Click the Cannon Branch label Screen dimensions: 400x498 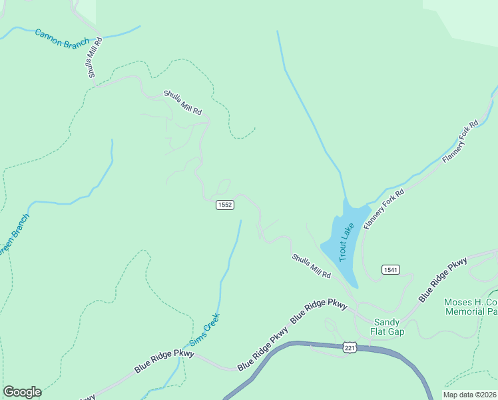click(62, 39)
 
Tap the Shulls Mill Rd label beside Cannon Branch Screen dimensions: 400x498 click(97, 57)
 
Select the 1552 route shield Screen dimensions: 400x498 click(225, 205)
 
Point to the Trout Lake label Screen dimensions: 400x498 click(346, 241)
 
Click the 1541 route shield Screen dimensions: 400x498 click(391, 269)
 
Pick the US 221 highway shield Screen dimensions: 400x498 click(350, 348)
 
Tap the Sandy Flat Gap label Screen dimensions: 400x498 click(386, 327)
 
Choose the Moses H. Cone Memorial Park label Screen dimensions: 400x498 click(471, 307)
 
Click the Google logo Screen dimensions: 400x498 click(22, 392)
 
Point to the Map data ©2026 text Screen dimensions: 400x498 click(470, 395)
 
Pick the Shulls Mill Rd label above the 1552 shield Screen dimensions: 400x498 click(182, 103)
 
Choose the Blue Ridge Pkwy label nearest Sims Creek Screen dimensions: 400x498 click(164, 361)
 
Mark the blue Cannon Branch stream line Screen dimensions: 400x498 click(120, 33)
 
